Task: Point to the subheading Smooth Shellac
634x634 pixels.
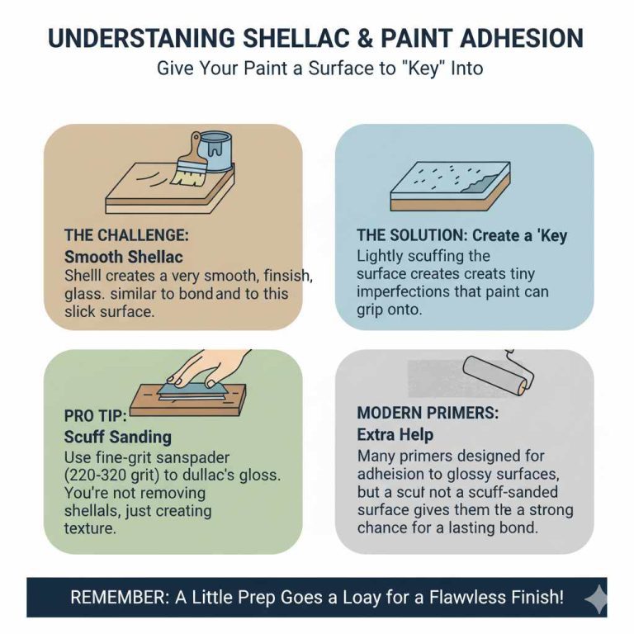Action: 123,256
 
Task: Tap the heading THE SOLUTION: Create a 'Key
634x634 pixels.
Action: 462,235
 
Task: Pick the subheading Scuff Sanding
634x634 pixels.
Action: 118,437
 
